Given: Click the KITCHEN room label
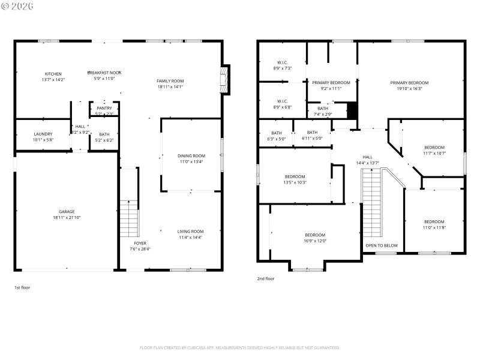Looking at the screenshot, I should (53, 74).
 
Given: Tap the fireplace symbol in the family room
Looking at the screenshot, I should (225, 79).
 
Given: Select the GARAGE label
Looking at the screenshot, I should (67, 212).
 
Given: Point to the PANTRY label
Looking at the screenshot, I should (104, 108).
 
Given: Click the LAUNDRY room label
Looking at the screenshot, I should (43, 134).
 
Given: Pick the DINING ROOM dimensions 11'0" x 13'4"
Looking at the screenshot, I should (191, 161).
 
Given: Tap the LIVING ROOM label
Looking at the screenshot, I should (190, 232).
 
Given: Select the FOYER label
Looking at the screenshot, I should (140, 243).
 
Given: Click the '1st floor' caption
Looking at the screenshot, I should (22, 287).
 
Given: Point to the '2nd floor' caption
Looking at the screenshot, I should (266, 278).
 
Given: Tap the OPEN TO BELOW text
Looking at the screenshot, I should (382, 245).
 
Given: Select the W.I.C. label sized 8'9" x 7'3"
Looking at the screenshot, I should (283, 62).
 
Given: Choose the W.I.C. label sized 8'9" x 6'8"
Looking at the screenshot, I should (283, 101).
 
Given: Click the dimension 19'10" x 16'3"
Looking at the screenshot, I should (409, 88).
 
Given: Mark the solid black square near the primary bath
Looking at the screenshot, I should (352, 110).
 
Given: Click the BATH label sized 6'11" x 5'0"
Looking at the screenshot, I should (312, 133).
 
